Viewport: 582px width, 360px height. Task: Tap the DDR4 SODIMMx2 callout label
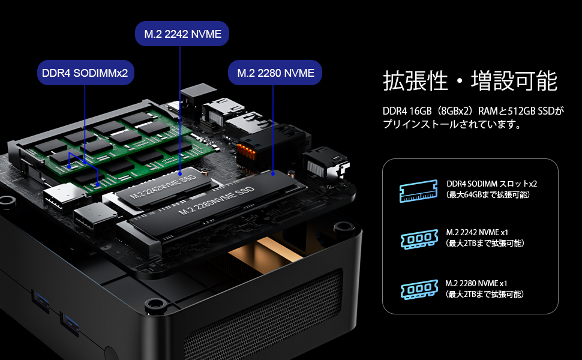(85, 73)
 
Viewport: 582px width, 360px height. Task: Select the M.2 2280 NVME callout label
(275, 73)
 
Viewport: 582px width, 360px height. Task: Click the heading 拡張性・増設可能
(470, 81)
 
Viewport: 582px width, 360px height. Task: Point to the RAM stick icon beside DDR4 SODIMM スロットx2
(418, 191)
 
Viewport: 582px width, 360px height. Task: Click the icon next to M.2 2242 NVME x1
(418, 239)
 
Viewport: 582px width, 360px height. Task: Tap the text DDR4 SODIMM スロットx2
(491, 184)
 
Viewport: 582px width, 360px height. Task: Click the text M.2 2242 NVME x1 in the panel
(477, 232)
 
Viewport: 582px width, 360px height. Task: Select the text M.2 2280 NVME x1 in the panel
(477, 283)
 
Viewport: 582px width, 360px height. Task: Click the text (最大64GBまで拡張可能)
(487, 195)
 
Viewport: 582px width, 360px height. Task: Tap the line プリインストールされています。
(451, 125)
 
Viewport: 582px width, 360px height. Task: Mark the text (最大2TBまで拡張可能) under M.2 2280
(485, 294)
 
